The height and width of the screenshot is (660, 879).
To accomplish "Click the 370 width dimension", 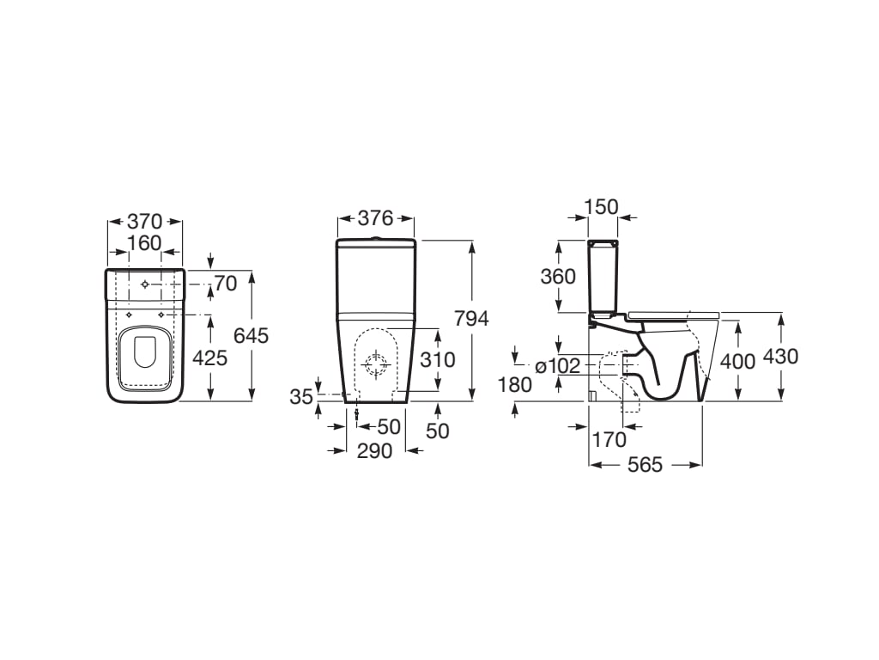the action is [x=144, y=221].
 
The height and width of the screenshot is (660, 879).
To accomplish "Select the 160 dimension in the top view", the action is [x=144, y=243].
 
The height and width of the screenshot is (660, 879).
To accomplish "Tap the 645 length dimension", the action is [x=252, y=336].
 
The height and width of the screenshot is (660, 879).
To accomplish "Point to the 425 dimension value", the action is [x=209, y=357].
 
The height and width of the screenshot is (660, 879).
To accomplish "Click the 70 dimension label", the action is [x=226, y=284].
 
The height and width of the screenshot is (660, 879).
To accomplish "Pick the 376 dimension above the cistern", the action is [x=376, y=217].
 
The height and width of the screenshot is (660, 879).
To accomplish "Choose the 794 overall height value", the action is [x=471, y=318].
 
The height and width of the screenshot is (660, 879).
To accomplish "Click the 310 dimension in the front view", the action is [x=438, y=360].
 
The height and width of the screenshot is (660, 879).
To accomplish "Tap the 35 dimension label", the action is [x=301, y=397].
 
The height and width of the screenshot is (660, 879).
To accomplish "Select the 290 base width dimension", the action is [x=375, y=450].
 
